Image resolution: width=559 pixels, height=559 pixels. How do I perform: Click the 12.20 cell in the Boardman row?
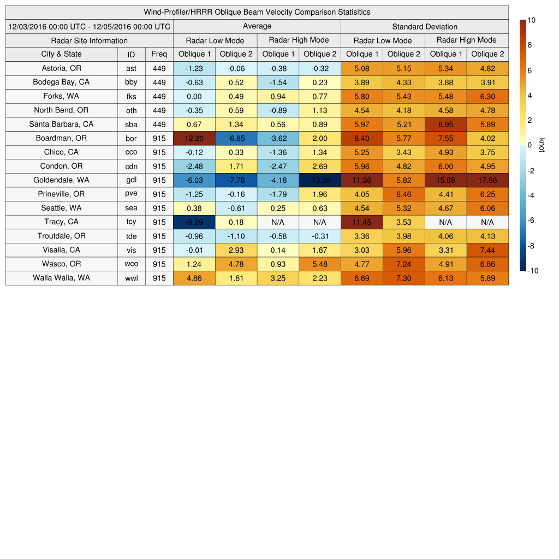click(194, 138)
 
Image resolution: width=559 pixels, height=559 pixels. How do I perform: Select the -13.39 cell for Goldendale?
click(320, 180)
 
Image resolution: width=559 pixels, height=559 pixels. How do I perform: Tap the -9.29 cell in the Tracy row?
click(194, 222)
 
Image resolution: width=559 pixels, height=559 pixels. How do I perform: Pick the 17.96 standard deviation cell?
click(487, 180)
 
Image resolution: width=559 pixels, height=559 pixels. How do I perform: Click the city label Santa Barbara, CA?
click(61, 124)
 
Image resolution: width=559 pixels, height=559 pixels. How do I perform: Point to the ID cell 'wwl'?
click(131, 278)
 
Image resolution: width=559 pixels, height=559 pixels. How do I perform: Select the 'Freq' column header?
click(159, 54)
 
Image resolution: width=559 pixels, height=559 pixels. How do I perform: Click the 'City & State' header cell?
click(61, 54)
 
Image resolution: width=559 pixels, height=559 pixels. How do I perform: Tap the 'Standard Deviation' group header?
click(425, 26)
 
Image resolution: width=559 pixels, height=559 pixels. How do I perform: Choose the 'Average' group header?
click(257, 26)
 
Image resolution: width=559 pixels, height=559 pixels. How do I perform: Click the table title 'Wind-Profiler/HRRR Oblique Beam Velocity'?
click(257, 12)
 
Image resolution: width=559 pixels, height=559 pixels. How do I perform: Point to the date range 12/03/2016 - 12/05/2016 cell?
click(90, 26)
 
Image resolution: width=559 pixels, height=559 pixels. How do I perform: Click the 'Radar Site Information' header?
click(90, 40)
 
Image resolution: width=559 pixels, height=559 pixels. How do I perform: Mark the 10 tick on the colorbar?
click(531, 20)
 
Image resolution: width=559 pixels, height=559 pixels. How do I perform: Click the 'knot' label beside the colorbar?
click(542, 145)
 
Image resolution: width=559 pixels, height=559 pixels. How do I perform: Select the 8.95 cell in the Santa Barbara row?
click(445, 124)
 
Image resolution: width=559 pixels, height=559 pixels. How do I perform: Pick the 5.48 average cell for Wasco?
click(320, 264)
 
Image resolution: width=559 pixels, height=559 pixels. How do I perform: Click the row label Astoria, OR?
click(61, 68)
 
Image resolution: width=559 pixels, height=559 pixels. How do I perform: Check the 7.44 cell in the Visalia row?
click(487, 250)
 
